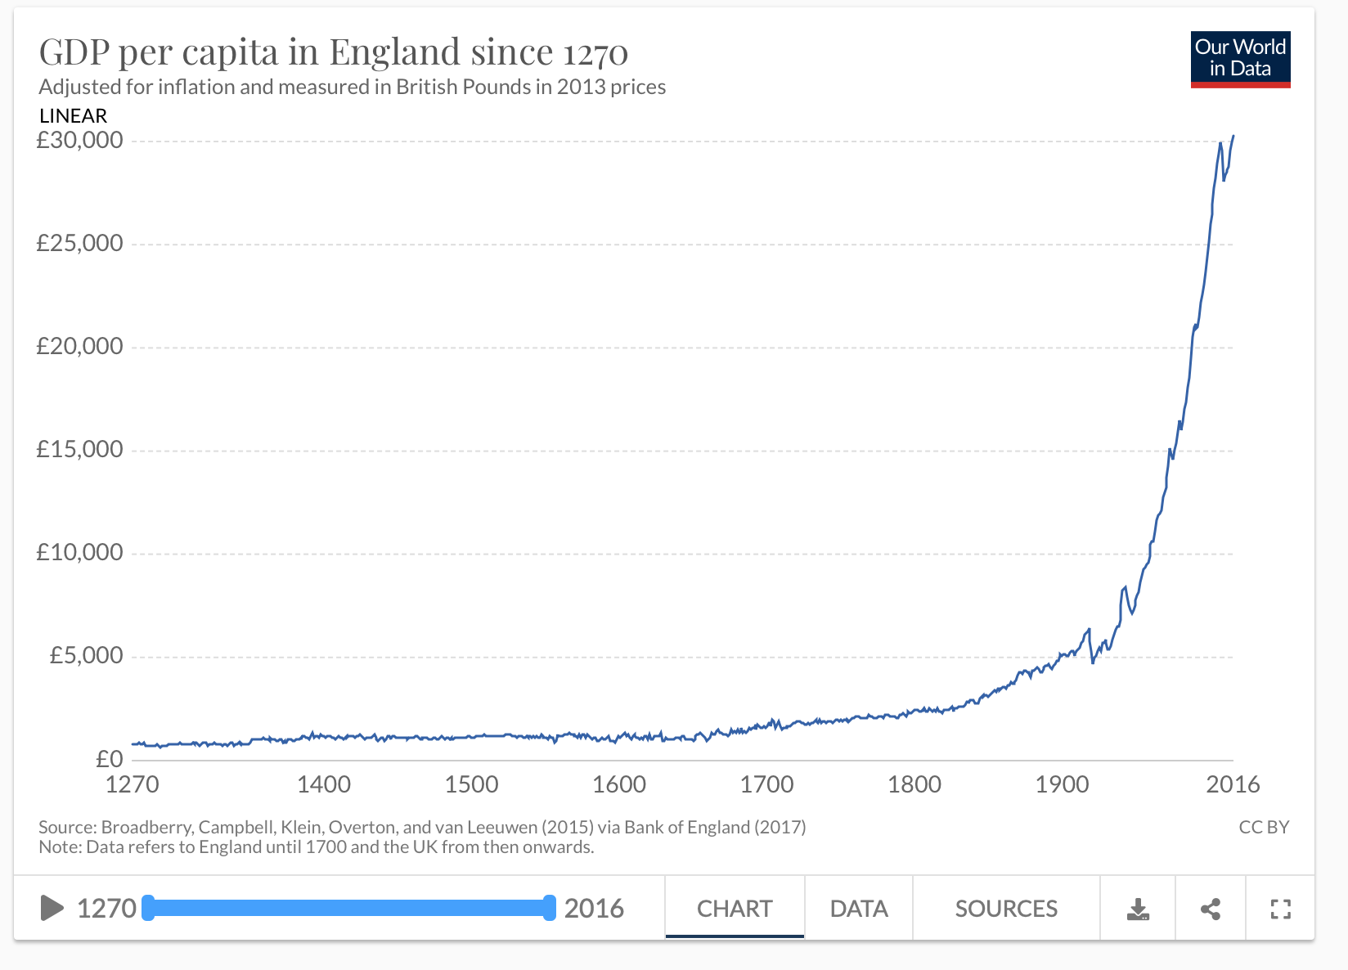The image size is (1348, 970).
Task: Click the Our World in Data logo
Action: (1240, 59)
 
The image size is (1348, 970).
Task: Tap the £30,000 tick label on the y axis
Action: (80, 141)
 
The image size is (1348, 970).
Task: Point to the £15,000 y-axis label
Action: (80, 449)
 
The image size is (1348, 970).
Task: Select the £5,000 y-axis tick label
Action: (87, 655)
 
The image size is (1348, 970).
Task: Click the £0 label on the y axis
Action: (110, 759)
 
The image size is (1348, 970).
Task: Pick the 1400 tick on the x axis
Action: (324, 784)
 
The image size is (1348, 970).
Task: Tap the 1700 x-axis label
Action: (766, 784)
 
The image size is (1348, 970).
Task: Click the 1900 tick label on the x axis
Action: (1062, 784)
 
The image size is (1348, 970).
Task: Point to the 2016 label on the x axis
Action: (1233, 784)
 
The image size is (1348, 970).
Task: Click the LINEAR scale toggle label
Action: (74, 116)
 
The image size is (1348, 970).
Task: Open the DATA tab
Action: (859, 909)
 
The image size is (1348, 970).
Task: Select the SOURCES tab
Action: (1006, 909)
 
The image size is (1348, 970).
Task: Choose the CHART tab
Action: (735, 909)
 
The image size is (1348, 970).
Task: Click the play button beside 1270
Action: (52, 908)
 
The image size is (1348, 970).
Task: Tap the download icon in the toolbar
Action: (1138, 909)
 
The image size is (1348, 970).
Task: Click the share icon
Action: (1211, 909)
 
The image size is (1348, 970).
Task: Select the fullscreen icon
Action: (1280, 909)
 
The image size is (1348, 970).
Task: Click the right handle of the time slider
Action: (549, 908)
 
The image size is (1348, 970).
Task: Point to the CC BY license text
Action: (1264, 827)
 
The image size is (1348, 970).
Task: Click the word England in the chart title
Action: (395, 52)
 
